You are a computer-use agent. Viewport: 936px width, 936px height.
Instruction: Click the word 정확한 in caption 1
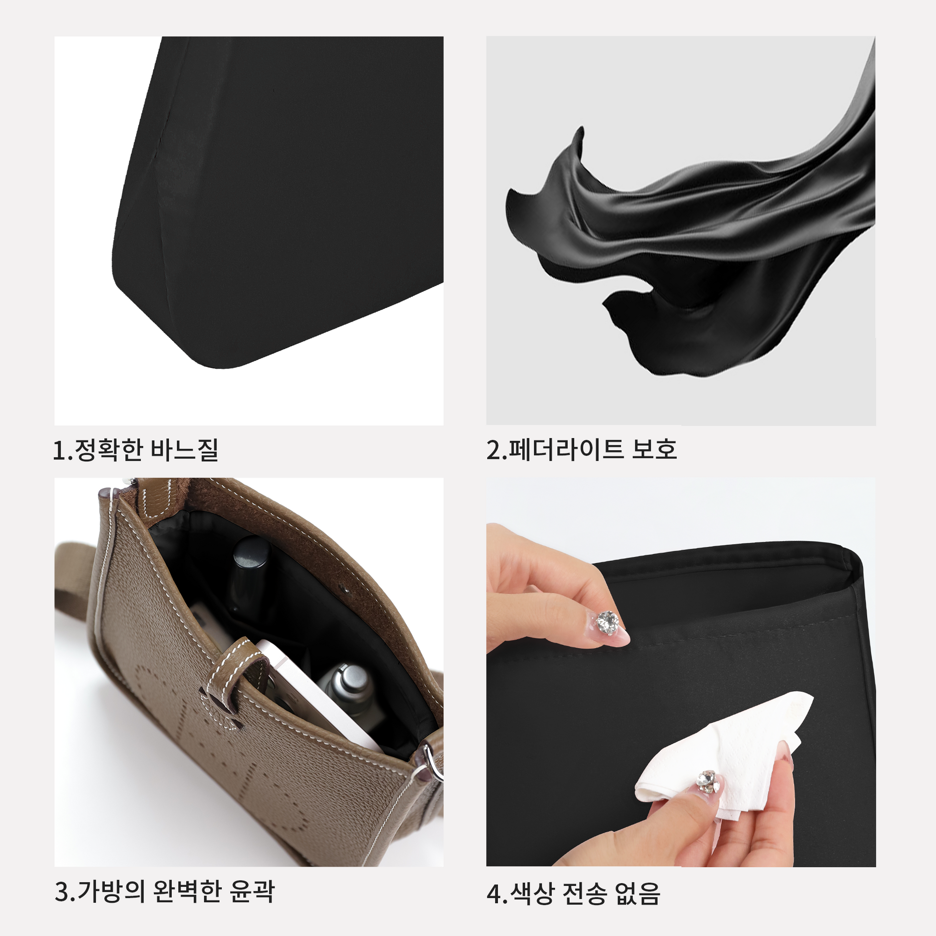coord(108,450)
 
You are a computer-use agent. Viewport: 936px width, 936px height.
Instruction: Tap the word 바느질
coord(185,450)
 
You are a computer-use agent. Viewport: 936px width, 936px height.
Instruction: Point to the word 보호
coord(654,449)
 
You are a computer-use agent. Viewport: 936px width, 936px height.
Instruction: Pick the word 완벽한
coord(187,891)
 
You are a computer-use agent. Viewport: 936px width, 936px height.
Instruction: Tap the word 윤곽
coord(252,891)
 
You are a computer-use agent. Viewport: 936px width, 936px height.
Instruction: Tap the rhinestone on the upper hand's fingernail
coord(607,621)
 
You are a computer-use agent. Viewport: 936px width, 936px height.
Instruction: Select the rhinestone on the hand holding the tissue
coord(708,782)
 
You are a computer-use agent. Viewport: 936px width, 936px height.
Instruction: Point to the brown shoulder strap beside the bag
coord(77,596)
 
